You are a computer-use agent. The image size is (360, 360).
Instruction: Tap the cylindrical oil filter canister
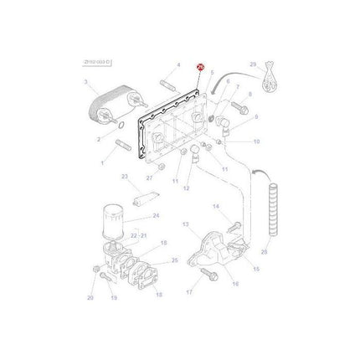[x=113, y=221]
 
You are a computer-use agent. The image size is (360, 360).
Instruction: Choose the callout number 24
[x=155, y=215]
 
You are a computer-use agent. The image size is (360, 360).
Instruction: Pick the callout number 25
[x=174, y=261]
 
